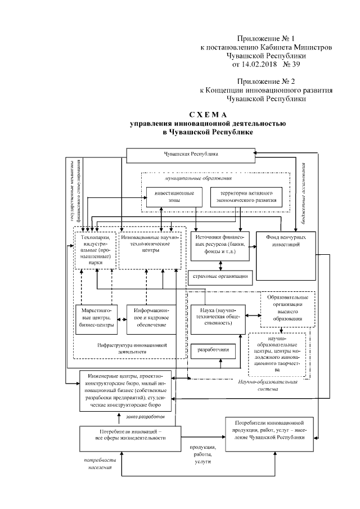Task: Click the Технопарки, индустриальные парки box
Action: (x=96, y=250)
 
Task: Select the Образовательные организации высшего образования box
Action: (x=287, y=309)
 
